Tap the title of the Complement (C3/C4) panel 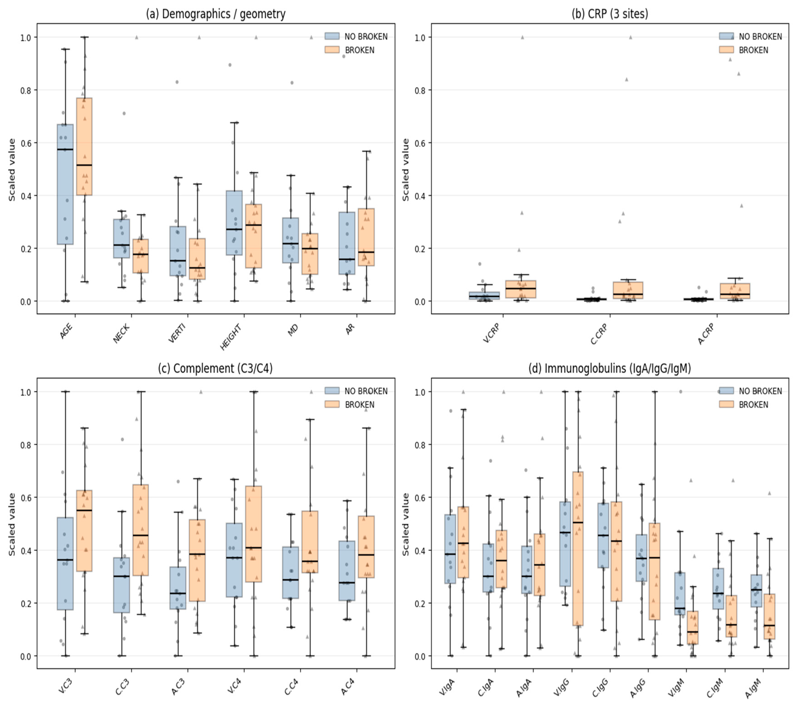click(x=215, y=368)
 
